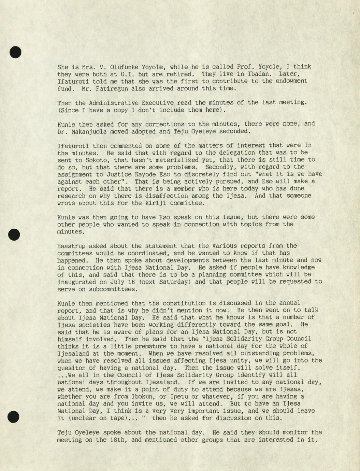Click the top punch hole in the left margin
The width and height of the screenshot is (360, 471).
(15, 52)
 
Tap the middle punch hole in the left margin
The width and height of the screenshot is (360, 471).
(14, 234)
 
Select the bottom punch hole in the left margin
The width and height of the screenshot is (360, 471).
(14, 417)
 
